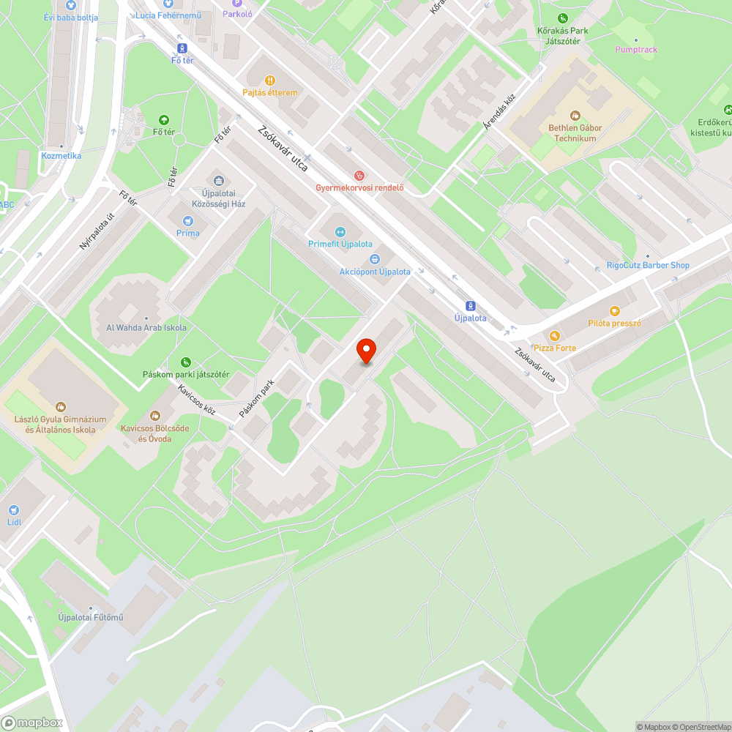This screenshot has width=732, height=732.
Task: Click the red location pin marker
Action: pyautogui.click(x=366, y=351)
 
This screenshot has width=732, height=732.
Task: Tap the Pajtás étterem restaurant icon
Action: pyautogui.click(x=270, y=81)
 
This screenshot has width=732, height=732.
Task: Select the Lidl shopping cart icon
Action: pyautogui.click(x=13, y=510)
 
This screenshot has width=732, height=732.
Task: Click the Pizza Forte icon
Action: pyautogui.click(x=554, y=336)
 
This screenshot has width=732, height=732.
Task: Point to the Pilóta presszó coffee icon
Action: pyautogui.click(x=614, y=310)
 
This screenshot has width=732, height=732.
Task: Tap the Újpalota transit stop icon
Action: pyautogui.click(x=470, y=306)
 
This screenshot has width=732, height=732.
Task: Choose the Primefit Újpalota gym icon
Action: pyautogui.click(x=340, y=232)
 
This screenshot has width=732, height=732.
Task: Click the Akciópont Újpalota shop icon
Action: pyautogui.click(x=375, y=259)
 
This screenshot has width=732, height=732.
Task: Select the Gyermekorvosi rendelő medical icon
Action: pyautogui.click(x=359, y=176)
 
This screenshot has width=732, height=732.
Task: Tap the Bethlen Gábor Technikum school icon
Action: pyautogui.click(x=575, y=115)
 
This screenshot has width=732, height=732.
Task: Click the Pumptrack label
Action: pyautogui.click(x=636, y=50)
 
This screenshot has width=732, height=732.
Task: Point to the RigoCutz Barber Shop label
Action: pyautogui.click(x=648, y=266)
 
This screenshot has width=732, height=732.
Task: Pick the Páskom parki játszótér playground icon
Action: pyautogui.click(x=186, y=362)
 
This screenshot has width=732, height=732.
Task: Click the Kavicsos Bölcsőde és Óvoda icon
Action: pyautogui.click(x=155, y=415)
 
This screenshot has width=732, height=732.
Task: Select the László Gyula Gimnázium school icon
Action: pyautogui.click(x=61, y=406)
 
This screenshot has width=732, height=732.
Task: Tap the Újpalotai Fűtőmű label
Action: pyautogui.click(x=91, y=617)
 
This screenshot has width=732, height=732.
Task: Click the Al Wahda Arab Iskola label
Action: pyautogui.click(x=146, y=327)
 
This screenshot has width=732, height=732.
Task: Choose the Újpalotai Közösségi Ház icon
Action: pyautogui.click(x=217, y=181)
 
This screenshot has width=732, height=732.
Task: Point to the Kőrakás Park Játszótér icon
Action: pyautogui.click(x=562, y=18)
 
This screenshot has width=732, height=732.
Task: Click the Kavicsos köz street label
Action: pyautogui.click(x=198, y=400)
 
